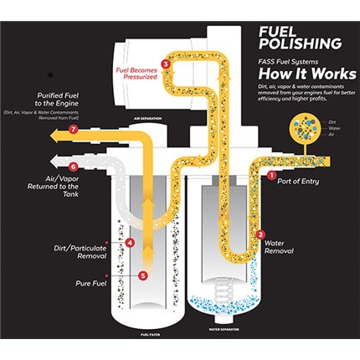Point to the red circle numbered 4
(130, 243)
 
